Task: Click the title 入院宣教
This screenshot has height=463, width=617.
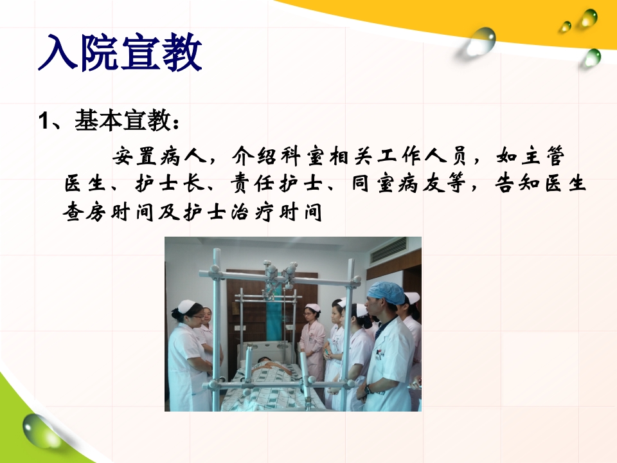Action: [120, 53]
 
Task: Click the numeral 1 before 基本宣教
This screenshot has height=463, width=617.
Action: [44, 120]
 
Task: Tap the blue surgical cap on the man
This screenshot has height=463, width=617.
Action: [386, 293]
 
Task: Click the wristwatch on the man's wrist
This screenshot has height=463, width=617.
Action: [368, 388]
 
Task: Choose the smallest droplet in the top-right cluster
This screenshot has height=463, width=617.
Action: [565, 26]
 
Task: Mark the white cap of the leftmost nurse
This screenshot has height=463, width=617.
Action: [187, 306]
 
